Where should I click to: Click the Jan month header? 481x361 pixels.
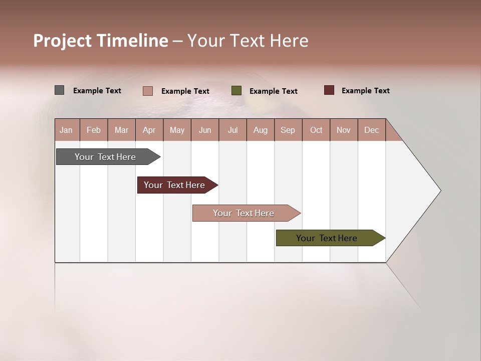[x=67, y=130]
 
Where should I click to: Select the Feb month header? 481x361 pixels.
[x=94, y=130]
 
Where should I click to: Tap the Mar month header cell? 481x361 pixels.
[x=121, y=130]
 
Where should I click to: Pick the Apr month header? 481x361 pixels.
[x=149, y=130]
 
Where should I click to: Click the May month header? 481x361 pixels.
[x=177, y=130]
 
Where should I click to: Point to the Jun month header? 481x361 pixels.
[x=205, y=130]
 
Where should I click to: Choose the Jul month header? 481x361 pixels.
[x=232, y=130]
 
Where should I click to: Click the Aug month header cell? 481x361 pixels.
[x=261, y=130]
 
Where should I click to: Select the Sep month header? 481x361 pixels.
[x=288, y=130]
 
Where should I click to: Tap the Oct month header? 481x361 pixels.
[x=316, y=130]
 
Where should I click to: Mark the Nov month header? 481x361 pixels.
[x=344, y=130]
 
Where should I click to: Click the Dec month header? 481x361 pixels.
[x=372, y=130]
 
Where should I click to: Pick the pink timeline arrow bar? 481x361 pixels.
[x=244, y=213]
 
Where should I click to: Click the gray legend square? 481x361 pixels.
[x=60, y=90]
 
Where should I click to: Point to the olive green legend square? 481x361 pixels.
[x=236, y=91]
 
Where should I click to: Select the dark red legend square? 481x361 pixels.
[x=329, y=90]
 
